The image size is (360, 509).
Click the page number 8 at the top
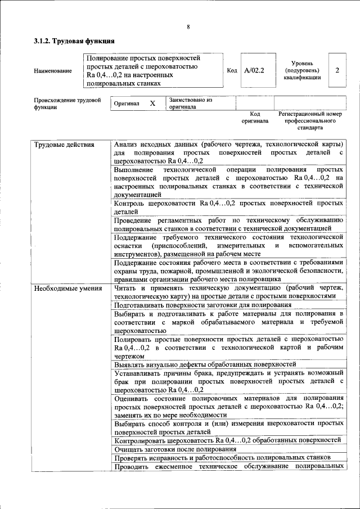(188, 27)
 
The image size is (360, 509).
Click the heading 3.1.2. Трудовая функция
(74, 41)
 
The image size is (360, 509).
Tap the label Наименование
(53, 71)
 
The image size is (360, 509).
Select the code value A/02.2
(254, 71)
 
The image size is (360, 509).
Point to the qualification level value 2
(337, 71)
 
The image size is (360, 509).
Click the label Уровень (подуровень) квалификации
(302, 71)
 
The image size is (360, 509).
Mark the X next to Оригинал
(152, 104)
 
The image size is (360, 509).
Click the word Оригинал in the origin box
(127, 104)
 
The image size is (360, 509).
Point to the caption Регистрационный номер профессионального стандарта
(310, 120)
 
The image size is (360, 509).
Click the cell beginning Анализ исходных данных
(228, 152)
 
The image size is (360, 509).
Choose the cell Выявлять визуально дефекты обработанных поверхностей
(204, 364)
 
